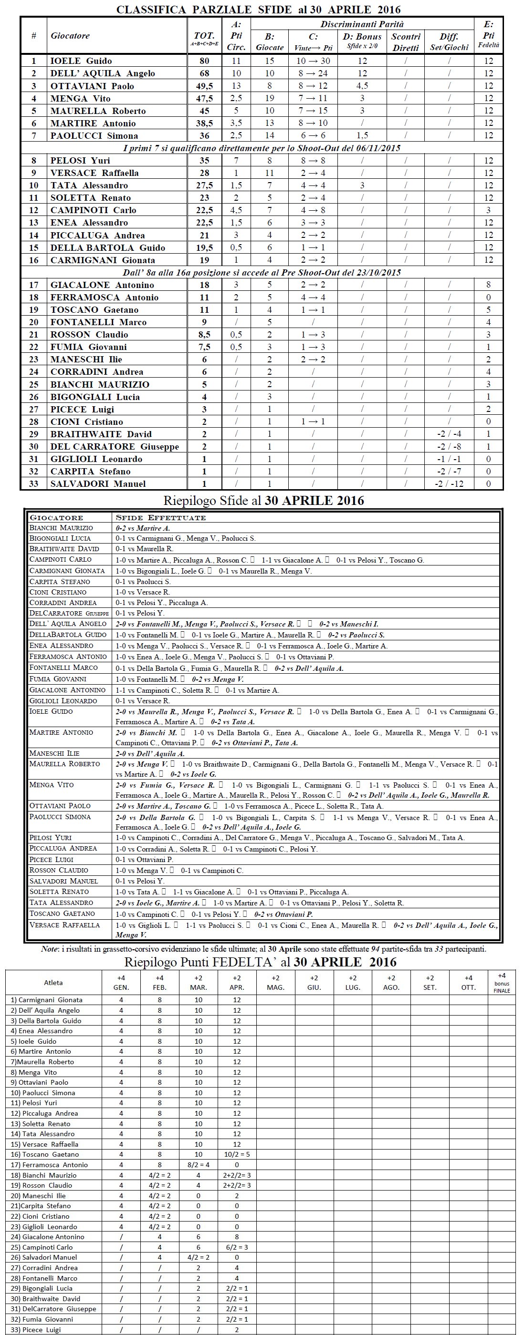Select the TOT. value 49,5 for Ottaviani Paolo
pos(204,86)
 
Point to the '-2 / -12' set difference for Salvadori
pos(449,483)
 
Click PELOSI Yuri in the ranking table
pos(80,161)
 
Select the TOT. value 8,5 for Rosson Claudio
pos(204,335)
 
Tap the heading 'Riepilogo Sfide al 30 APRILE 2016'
pos(263,501)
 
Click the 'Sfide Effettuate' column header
pos(160,518)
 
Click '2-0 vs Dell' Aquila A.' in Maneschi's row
pos(150,753)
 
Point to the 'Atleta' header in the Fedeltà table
pos(53,983)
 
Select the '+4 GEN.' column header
pos(121,983)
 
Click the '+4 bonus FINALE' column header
pos(502,983)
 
